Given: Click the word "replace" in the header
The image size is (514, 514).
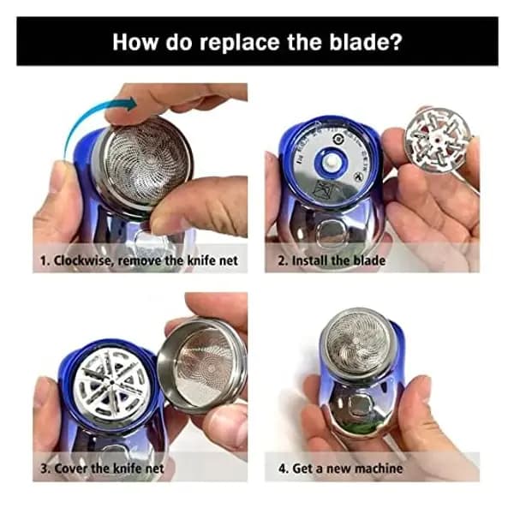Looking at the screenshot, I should point(241,41).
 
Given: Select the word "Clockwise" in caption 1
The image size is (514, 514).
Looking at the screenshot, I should point(90,260).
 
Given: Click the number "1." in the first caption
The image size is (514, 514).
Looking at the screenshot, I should point(47,260).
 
